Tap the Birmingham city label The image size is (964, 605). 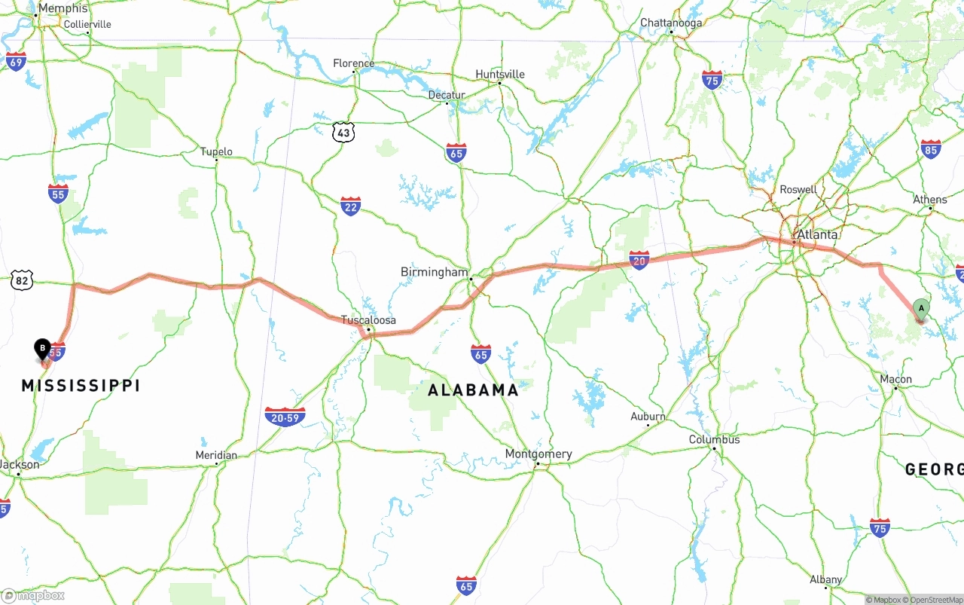click(434, 271)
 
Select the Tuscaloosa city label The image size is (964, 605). click(368, 320)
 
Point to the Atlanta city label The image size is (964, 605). click(817, 234)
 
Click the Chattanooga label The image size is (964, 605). click(670, 23)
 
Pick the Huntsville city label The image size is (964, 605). click(499, 74)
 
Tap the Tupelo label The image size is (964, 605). click(216, 151)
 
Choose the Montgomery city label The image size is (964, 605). click(538, 454)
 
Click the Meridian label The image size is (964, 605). click(216, 455)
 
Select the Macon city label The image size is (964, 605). click(895, 379)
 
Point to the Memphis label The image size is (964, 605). click(63, 8)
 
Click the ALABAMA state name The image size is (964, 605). click(473, 390)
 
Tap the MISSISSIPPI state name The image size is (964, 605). click(81, 386)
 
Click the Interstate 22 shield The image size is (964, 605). click(350, 206)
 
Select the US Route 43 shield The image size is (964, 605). click(343, 133)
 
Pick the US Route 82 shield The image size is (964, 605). click(22, 280)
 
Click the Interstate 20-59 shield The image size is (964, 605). click(285, 417)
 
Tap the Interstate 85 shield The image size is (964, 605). click(931, 149)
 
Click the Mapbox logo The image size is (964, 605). click(33, 595)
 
